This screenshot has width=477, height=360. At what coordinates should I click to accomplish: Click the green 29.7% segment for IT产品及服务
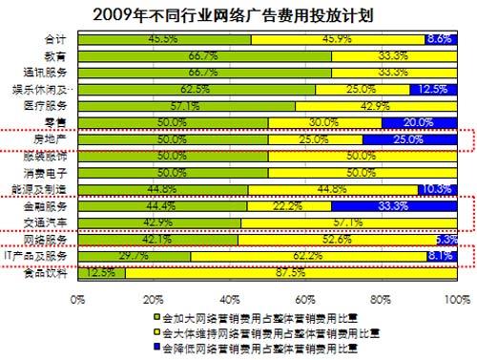pos(135,256)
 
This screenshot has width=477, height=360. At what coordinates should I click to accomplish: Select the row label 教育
pos(55,55)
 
